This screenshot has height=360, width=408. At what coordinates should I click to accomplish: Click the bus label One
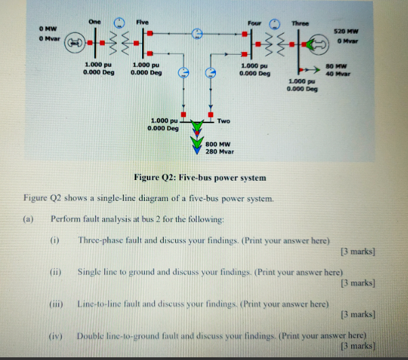coord(94,22)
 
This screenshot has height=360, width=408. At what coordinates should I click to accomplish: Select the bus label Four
coord(254,23)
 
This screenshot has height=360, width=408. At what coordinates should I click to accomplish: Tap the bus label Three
coord(300,24)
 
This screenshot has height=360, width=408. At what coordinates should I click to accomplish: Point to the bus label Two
coord(224,121)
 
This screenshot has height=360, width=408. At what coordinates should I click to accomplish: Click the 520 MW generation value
coord(346,32)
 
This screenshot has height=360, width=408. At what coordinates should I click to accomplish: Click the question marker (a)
coord(28,219)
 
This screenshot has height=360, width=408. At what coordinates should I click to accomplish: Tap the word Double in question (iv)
coord(91,336)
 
